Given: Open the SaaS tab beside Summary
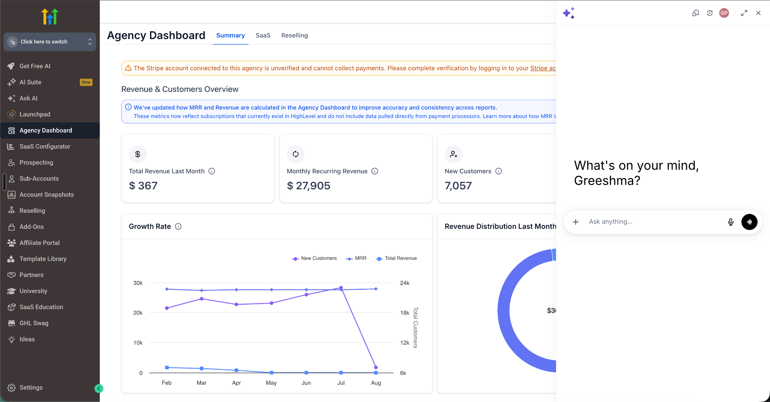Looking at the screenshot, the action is pos(263,35).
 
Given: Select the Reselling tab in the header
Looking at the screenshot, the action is pos(294,35).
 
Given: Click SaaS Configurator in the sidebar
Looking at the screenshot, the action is pos(45,146).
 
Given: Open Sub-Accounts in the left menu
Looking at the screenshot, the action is pos(39,178).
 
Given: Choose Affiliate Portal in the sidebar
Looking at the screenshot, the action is pos(39,243).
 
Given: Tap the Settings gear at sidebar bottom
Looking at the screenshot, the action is pos(12,388).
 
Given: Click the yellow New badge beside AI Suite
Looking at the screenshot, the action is pos(86,82).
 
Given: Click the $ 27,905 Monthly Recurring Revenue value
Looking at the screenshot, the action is pos(309,186).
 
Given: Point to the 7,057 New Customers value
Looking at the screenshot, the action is pos(458,186).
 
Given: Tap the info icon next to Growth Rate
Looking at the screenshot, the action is pos(178,227).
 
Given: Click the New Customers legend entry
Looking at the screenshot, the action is pos(314,258).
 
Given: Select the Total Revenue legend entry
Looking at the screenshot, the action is pos(396,258).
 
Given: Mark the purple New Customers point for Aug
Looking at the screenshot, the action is pos(376,367).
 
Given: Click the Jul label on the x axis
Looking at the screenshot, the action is pos(341,383).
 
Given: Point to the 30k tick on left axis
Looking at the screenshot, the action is pos(138,283).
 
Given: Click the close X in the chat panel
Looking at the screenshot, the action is pos(758,13).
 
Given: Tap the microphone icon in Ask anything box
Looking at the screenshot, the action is pos(731,222).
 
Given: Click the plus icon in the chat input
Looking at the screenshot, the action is pos(576,222).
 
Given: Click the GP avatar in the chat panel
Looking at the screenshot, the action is pos(724,13).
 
